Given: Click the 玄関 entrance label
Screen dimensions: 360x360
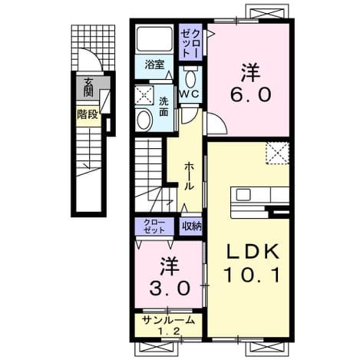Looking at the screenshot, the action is point(88,88).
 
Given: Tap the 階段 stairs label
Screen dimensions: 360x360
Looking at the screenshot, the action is point(88,115).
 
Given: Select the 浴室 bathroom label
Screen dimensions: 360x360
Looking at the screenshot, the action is point(154,64).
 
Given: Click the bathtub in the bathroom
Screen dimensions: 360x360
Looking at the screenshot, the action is point(154,39).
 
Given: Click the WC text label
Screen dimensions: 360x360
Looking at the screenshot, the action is point(190,94).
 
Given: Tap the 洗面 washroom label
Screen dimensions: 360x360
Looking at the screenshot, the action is point(163,107).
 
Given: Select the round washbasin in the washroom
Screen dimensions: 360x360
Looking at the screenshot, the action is point(144,121).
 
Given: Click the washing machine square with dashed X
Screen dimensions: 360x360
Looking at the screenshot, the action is point(144,95).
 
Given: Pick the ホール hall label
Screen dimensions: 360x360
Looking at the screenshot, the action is point(189,177).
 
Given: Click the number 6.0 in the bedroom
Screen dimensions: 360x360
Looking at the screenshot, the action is point(250,94).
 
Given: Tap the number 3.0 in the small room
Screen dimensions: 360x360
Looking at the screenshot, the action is point(170,289).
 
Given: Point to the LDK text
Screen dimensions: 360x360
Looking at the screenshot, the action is point(252,251).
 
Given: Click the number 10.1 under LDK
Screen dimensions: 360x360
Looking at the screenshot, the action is point(252,275).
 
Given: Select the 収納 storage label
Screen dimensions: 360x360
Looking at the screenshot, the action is point(192,226).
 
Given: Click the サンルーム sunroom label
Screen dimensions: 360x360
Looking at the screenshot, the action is point(168,320).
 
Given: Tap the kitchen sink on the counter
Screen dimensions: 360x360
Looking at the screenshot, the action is point(243,195).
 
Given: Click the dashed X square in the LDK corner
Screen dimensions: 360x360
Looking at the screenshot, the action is point(277,153).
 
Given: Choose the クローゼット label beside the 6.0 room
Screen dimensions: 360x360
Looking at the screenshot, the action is point(191,43).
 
